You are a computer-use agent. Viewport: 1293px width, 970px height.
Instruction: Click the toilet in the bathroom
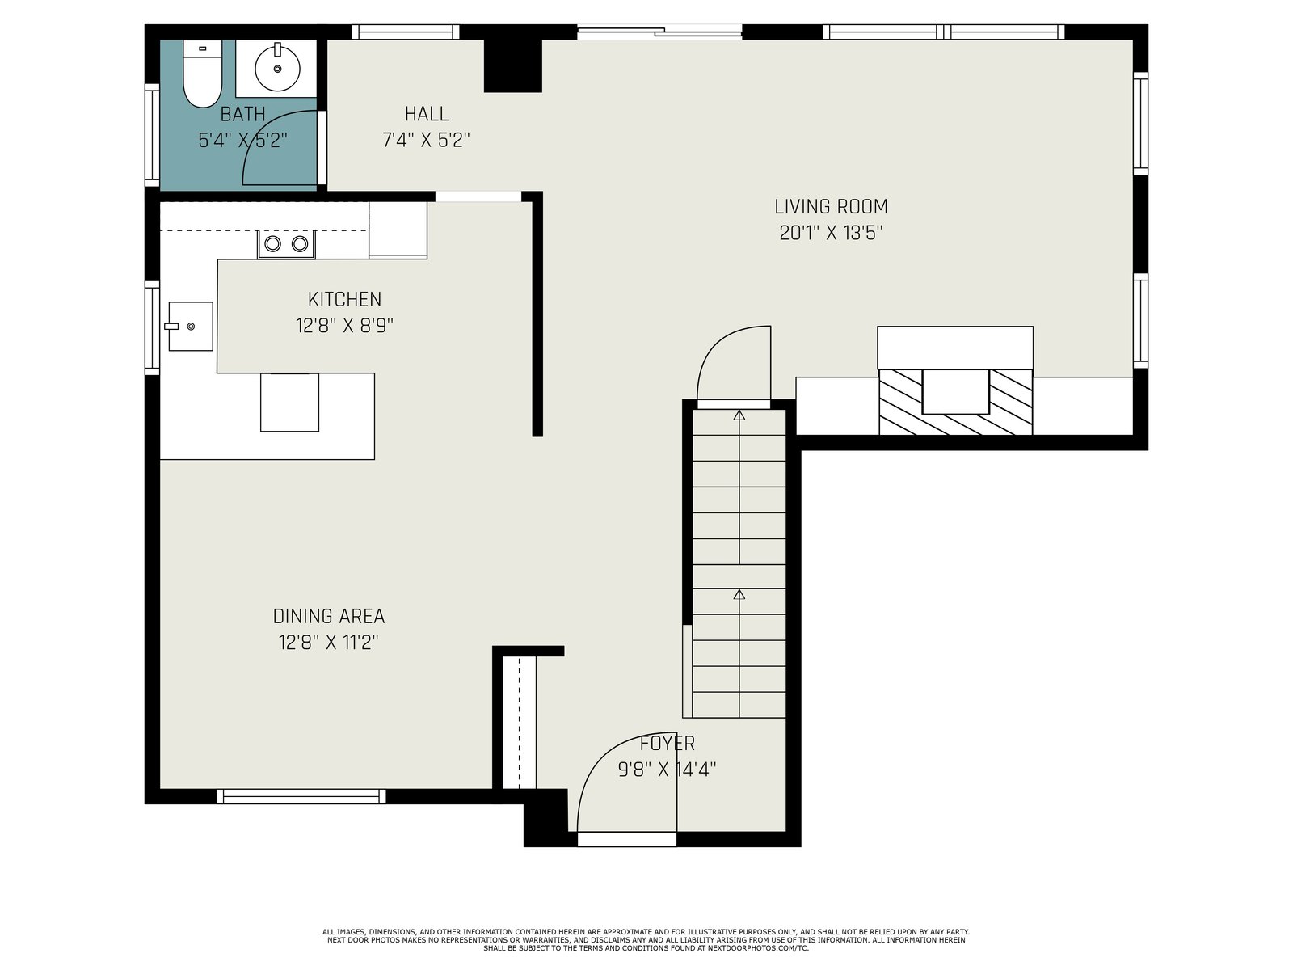[202, 74]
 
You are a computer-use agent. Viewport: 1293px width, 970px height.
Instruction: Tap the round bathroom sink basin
[277, 69]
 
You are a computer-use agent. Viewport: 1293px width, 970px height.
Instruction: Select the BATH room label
[242, 114]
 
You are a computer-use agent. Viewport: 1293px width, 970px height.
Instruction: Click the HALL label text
[427, 114]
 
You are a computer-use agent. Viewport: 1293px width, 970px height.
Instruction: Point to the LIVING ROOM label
[831, 207]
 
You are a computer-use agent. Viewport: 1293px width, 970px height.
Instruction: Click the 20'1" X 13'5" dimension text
[831, 234]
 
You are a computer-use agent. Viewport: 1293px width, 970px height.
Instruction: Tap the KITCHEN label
[344, 299]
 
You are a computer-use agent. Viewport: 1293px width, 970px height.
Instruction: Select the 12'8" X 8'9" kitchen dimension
[344, 326]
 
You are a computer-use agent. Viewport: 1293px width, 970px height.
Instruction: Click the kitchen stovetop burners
[286, 244]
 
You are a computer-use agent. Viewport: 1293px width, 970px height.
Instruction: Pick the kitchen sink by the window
[190, 327]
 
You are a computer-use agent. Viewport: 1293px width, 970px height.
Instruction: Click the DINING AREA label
[329, 616]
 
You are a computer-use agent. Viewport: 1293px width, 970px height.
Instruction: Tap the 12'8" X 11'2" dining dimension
[329, 643]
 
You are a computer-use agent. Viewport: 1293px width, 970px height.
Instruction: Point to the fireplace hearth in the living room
[955, 403]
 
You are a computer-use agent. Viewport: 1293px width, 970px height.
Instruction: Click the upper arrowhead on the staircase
[739, 415]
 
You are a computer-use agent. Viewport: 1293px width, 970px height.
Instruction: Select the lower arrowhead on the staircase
[739, 594]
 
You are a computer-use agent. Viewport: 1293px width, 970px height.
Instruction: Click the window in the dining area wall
[301, 796]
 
